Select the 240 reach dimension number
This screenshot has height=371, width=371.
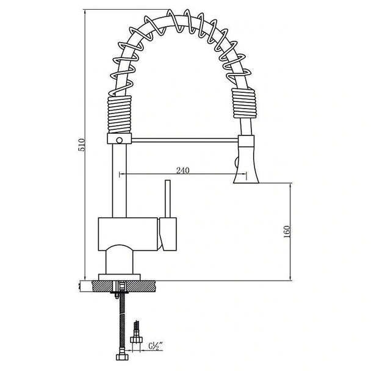coord(181,170)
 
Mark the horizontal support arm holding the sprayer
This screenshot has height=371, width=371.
coord(183,141)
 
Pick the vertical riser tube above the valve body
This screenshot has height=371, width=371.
coord(118,183)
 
